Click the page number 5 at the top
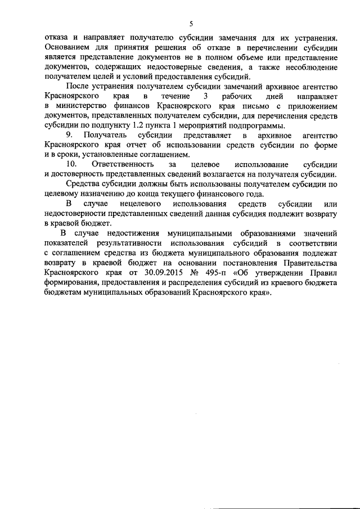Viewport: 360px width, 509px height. [191, 24]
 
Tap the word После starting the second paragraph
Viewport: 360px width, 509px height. [79, 86]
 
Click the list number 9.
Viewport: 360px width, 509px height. [70, 135]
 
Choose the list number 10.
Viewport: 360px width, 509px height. [71, 164]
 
